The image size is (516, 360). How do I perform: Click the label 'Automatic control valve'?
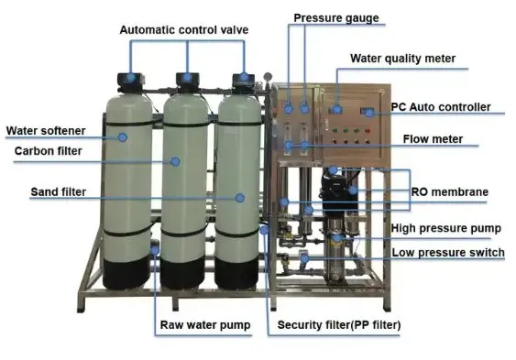184,30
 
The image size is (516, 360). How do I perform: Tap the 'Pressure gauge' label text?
336,18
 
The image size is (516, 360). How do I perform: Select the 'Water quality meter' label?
402,59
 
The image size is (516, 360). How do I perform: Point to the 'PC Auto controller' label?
441,107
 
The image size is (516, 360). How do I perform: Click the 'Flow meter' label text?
433,139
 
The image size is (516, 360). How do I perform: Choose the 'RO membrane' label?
449,191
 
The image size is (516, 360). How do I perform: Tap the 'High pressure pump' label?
446,228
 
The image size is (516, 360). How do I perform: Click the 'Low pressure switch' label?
448,253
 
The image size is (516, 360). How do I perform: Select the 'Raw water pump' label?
205,325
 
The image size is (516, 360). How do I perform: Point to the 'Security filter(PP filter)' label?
339,325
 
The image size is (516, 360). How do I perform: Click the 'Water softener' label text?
46,131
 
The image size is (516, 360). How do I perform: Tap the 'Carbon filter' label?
48,151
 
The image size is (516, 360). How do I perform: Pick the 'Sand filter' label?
59,191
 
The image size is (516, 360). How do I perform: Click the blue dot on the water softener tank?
123,137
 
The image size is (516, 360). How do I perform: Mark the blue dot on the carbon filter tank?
175,161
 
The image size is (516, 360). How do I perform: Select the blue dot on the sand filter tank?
240,198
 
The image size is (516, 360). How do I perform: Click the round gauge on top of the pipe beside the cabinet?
268,76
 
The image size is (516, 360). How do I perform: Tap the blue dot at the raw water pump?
155,249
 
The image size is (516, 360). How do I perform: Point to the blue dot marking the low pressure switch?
304,258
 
